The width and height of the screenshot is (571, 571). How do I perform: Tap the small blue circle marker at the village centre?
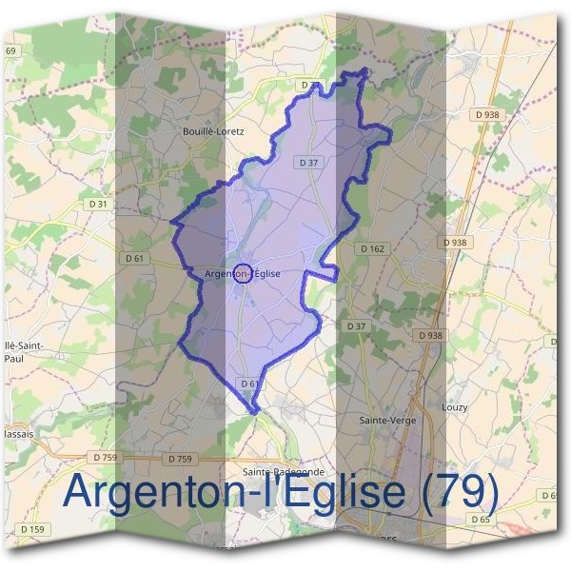(x=243, y=274)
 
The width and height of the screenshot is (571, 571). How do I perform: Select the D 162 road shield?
(x=372, y=248)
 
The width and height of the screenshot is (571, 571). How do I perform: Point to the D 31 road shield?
(x=98, y=204)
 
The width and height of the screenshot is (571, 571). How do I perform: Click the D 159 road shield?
(x=31, y=529)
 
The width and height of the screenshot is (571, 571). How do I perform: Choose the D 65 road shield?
(x=480, y=520)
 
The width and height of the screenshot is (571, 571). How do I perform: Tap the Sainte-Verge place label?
(x=384, y=420)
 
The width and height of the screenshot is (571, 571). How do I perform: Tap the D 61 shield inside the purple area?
(x=250, y=384)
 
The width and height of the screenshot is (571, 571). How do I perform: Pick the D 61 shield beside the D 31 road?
(x=133, y=258)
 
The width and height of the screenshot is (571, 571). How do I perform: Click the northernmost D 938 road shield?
(x=490, y=115)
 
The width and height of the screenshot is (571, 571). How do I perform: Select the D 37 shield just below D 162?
(x=356, y=326)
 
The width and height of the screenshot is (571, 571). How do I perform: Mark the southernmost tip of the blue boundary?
(x=254, y=413)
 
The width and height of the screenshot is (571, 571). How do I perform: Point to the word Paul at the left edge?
(x=13, y=359)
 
